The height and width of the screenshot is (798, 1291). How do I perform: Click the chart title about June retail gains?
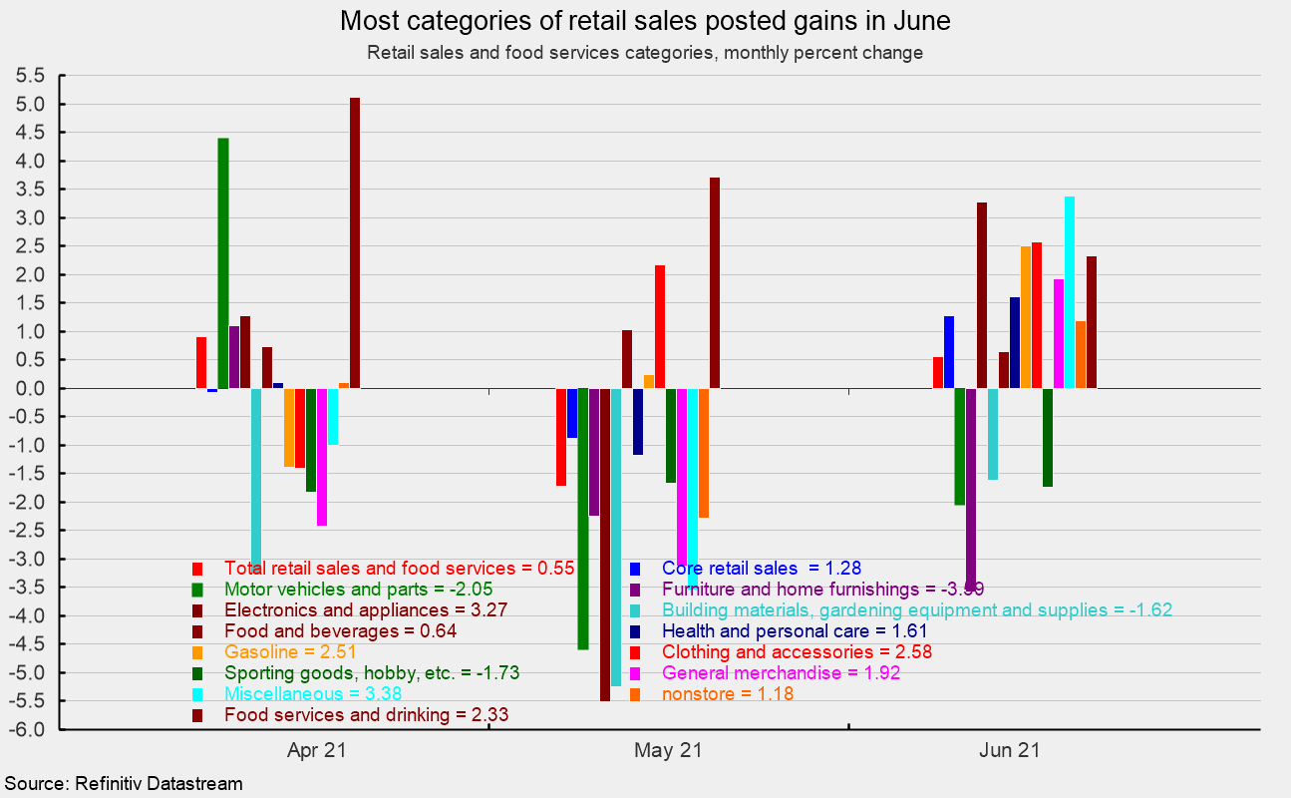645,21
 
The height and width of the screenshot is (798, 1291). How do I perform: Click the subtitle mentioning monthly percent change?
645,53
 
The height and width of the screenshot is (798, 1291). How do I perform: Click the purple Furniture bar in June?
971,479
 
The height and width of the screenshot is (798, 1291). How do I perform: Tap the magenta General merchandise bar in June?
1059,333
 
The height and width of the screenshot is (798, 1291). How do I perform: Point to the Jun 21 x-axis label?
1016,750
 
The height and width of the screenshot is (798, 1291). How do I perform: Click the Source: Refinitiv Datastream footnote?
123,783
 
